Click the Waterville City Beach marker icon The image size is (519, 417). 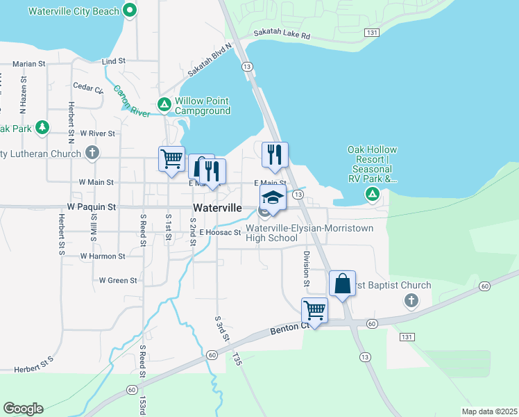(129, 10)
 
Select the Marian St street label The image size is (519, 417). (28, 64)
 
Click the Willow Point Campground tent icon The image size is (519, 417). (164, 105)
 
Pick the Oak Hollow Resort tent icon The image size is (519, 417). (373, 193)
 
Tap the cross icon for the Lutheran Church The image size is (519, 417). (92, 152)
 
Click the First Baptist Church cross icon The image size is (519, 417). (411, 300)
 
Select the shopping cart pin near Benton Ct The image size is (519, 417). (314, 309)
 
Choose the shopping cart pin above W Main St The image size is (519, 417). (171, 158)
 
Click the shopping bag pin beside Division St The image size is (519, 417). (343, 284)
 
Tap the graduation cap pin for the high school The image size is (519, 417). (273, 197)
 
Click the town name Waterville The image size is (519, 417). (217, 208)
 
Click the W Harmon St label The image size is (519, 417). (102, 256)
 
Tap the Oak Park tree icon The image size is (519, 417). (43, 127)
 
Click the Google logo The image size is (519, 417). (23, 409)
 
